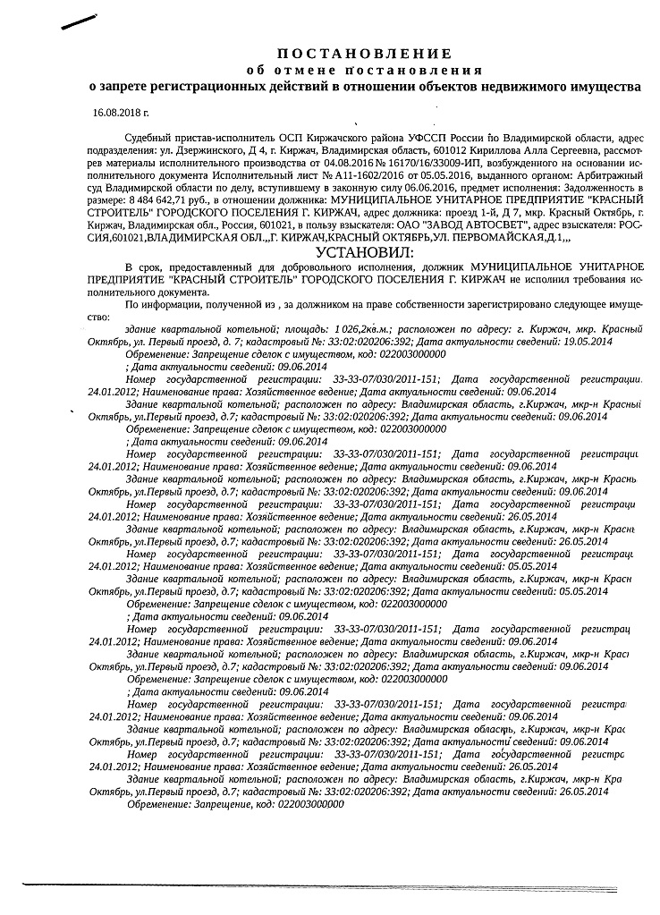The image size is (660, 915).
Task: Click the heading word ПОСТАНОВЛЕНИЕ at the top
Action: [365, 54]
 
